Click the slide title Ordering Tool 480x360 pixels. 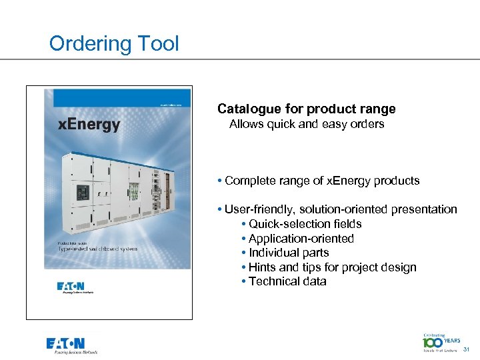click(x=114, y=44)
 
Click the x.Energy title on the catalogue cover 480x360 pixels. click(x=89, y=125)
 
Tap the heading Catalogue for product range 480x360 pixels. click(x=306, y=109)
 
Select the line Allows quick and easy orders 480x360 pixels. click(x=307, y=124)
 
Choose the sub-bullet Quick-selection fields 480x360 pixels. click(x=305, y=224)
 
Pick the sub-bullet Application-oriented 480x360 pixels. click(x=301, y=239)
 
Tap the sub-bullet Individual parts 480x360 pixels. click(x=289, y=253)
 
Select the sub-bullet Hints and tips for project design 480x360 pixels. click(x=332, y=267)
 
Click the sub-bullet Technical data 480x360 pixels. click(x=287, y=281)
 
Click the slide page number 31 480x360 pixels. click(x=466, y=349)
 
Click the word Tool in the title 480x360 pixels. click(x=159, y=44)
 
